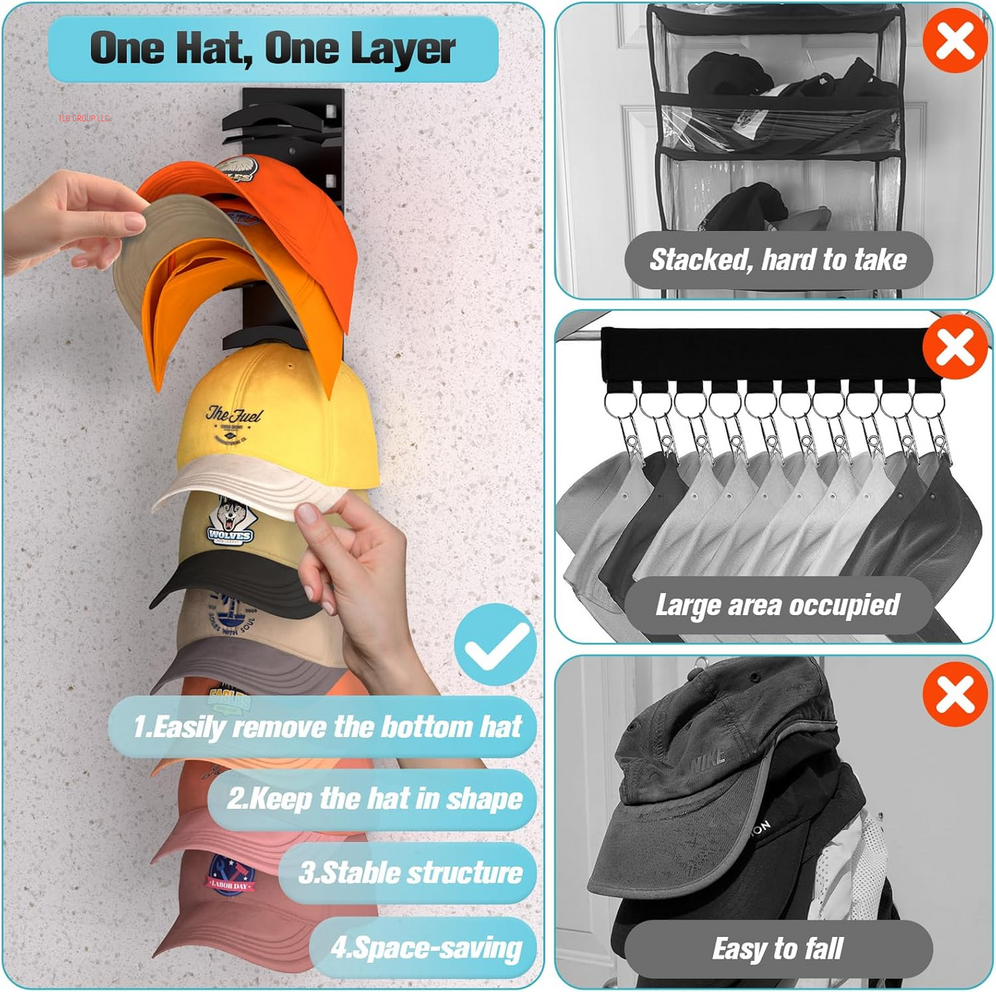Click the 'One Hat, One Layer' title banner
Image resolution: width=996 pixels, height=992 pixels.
tap(273, 49)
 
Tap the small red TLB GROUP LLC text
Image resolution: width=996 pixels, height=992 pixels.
tap(83, 118)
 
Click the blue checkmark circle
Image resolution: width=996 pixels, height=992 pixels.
tap(495, 645)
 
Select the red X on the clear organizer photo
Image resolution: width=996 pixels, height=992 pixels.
tap(955, 41)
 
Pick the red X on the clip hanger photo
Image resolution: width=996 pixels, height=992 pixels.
tap(955, 347)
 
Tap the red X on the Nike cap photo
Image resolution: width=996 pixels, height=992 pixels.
tap(955, 694)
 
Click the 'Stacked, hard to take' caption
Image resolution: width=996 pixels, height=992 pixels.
tap(778, 260)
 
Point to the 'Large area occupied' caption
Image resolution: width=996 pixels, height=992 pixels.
tap(778, 606)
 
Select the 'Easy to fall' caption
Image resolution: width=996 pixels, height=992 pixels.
tap(778, 949)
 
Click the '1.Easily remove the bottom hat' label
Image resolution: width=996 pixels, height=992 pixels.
tap(327, 727)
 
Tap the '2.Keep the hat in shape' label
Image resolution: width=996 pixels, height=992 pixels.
tap(374, 799)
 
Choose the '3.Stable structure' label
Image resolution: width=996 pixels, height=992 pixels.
tap(410, 873)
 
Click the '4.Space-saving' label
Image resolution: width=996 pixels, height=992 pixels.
tap(425, 948)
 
